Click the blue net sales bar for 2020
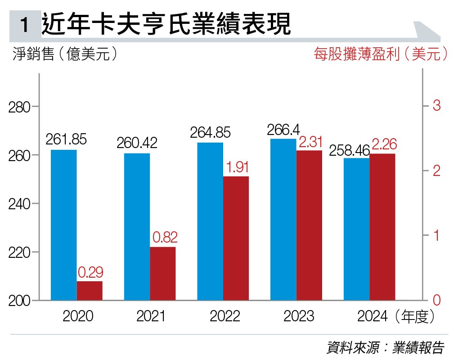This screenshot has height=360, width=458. (x=63, y=225)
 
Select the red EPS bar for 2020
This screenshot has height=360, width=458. (x=90, y=290)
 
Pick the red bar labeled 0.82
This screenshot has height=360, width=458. (x=163, y=273)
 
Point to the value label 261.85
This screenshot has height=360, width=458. (x=66, y=139)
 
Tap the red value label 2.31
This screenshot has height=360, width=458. (x=311, y=143)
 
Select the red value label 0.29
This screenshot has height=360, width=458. (x=90, y=272)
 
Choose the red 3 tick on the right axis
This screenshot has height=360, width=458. (x=436, y=106)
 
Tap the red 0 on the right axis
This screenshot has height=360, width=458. (x=436, y=301)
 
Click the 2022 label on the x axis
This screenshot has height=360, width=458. (x=225, y=316)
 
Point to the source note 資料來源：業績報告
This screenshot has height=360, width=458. (x=385, y=348)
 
